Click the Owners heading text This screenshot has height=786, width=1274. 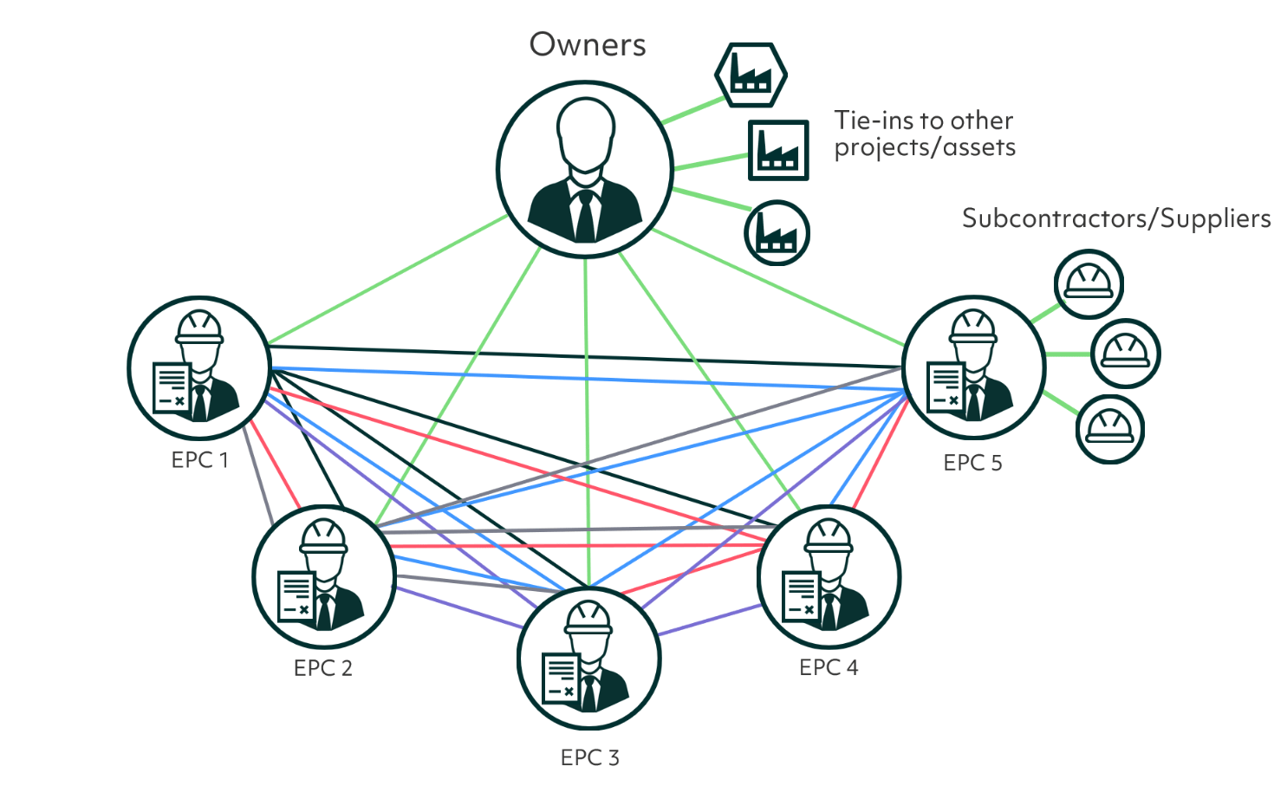click(x=588, y=44)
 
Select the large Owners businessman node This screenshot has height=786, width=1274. click(x=585, y=170)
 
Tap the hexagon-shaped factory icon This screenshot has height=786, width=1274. click(x=751, y=75)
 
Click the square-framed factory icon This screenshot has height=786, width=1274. click(x=778, y=151)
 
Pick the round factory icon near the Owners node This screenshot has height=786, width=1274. click(x=777, y=233)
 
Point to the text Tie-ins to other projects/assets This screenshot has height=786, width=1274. click(x=924, y=133)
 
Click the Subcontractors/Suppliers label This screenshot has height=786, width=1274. click(x=1116, y=218)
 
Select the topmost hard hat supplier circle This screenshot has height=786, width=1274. click(x=1089, y=284)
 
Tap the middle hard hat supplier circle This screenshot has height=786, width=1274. click(x=1125, y=354)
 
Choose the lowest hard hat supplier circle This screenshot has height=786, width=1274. click(x=1110, y=429)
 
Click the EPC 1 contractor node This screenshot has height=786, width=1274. click(x=199, y=368)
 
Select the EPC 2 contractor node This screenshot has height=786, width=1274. click(x=324, y=577)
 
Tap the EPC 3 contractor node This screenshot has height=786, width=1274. click(x=589, y=659)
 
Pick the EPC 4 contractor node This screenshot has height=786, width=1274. click(x=829, y=577)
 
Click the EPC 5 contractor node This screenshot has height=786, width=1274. click(x=973, y=368)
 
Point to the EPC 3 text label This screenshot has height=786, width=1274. click(x=589, y=757)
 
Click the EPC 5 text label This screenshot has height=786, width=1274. click(x=972, y=463)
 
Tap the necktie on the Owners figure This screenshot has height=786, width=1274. click(x=586, y=217)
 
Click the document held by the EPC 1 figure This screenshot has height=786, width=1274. click(x=171, y=387)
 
